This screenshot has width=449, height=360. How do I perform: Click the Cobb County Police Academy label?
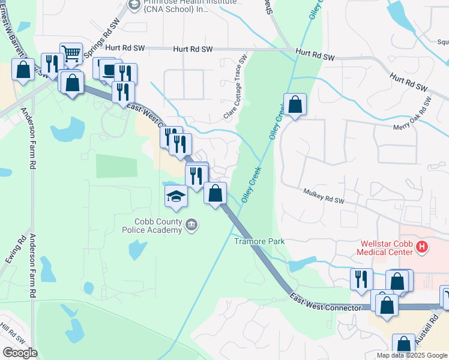tap(152, 226)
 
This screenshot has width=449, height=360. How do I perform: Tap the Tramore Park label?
tap(259, 241)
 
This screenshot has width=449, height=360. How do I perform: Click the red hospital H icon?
tap(423, 246)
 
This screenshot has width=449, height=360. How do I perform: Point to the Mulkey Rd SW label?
tap(324, 197)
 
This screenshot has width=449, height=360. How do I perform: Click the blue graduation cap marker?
tap(176, 196)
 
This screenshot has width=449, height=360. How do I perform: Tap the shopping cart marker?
tap(71, 54)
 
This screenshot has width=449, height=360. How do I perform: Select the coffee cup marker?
tap(109, 70)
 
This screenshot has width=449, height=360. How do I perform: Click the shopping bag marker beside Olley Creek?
tap(295, 104)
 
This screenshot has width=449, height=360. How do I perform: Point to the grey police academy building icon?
tap(191, 225)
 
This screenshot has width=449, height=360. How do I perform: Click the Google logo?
tap(19, 353)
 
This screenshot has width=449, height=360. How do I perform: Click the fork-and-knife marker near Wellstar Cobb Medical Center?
tap(361, 279)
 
